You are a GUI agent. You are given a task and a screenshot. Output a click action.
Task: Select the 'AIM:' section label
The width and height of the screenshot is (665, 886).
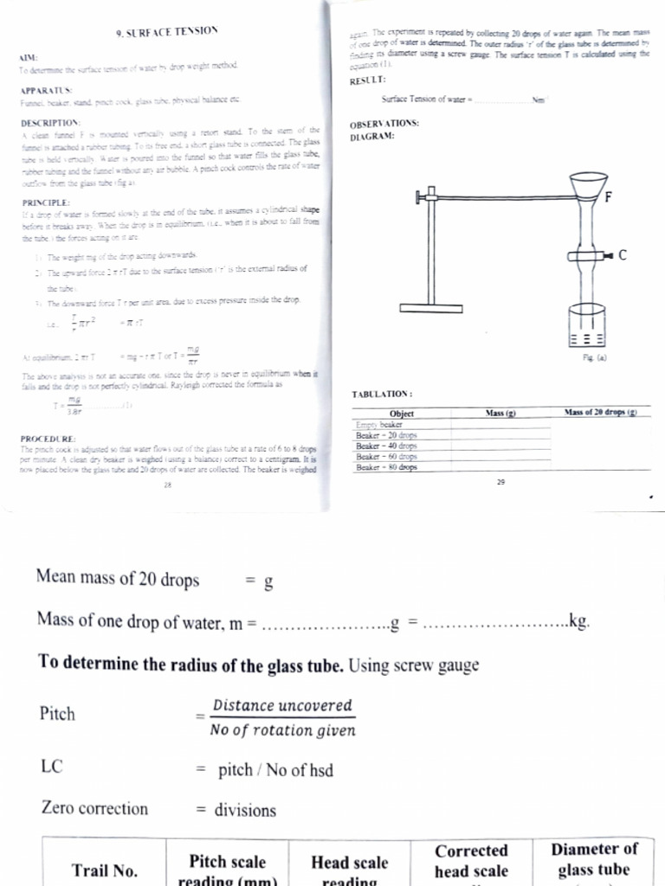click(x=29, y=57)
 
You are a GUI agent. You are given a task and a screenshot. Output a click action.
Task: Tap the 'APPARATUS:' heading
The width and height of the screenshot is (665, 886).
click(x=45, y=90)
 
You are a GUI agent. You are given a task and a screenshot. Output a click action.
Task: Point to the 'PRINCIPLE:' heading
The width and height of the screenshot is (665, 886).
click(x=44, y=202)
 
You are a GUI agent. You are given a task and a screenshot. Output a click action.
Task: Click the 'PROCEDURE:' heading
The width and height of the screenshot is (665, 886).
click(x=48, y=439)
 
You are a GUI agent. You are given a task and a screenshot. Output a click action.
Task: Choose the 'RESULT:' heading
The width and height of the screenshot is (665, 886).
click(x=368, y=80)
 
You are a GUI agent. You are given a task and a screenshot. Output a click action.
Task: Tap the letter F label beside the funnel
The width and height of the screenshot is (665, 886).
click(x=609, y=197)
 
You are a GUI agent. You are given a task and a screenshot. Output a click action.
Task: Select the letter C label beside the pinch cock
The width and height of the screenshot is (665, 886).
click(x=623, y=255)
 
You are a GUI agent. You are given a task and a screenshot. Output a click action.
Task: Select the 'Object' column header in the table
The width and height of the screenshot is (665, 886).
click(x=402, y=414)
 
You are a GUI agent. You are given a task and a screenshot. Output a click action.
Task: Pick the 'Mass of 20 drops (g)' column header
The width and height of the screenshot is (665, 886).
click(x=600, y=413)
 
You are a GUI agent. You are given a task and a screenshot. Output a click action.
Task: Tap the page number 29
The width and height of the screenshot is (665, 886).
click(x=500, y=482)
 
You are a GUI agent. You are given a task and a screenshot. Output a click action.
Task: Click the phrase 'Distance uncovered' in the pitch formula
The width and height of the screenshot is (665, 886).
click(x=282, y=705)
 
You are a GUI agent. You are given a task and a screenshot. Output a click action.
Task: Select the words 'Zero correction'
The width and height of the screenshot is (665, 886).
click(x=94, y=809)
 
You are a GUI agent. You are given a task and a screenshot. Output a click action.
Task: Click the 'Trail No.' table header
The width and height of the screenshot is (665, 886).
click(x=104, y=870)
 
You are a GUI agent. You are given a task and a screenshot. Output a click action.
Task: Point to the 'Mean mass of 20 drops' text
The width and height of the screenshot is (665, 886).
click(x=118, y=579)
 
